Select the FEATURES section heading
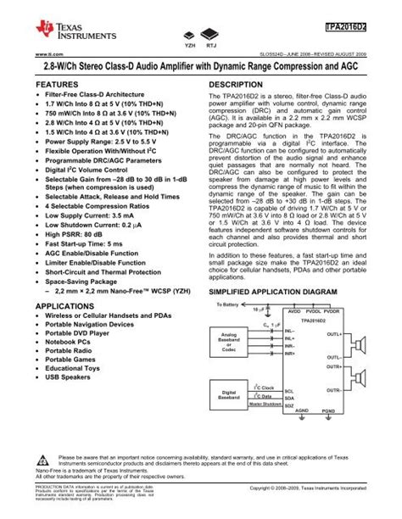[53, 86]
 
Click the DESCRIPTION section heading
[238, 86]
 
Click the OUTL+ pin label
[333, 334]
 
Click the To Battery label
[229, 304]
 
